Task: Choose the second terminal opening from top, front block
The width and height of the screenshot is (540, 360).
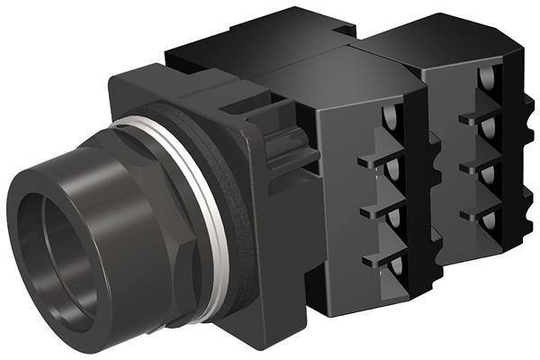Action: [393, 167]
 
